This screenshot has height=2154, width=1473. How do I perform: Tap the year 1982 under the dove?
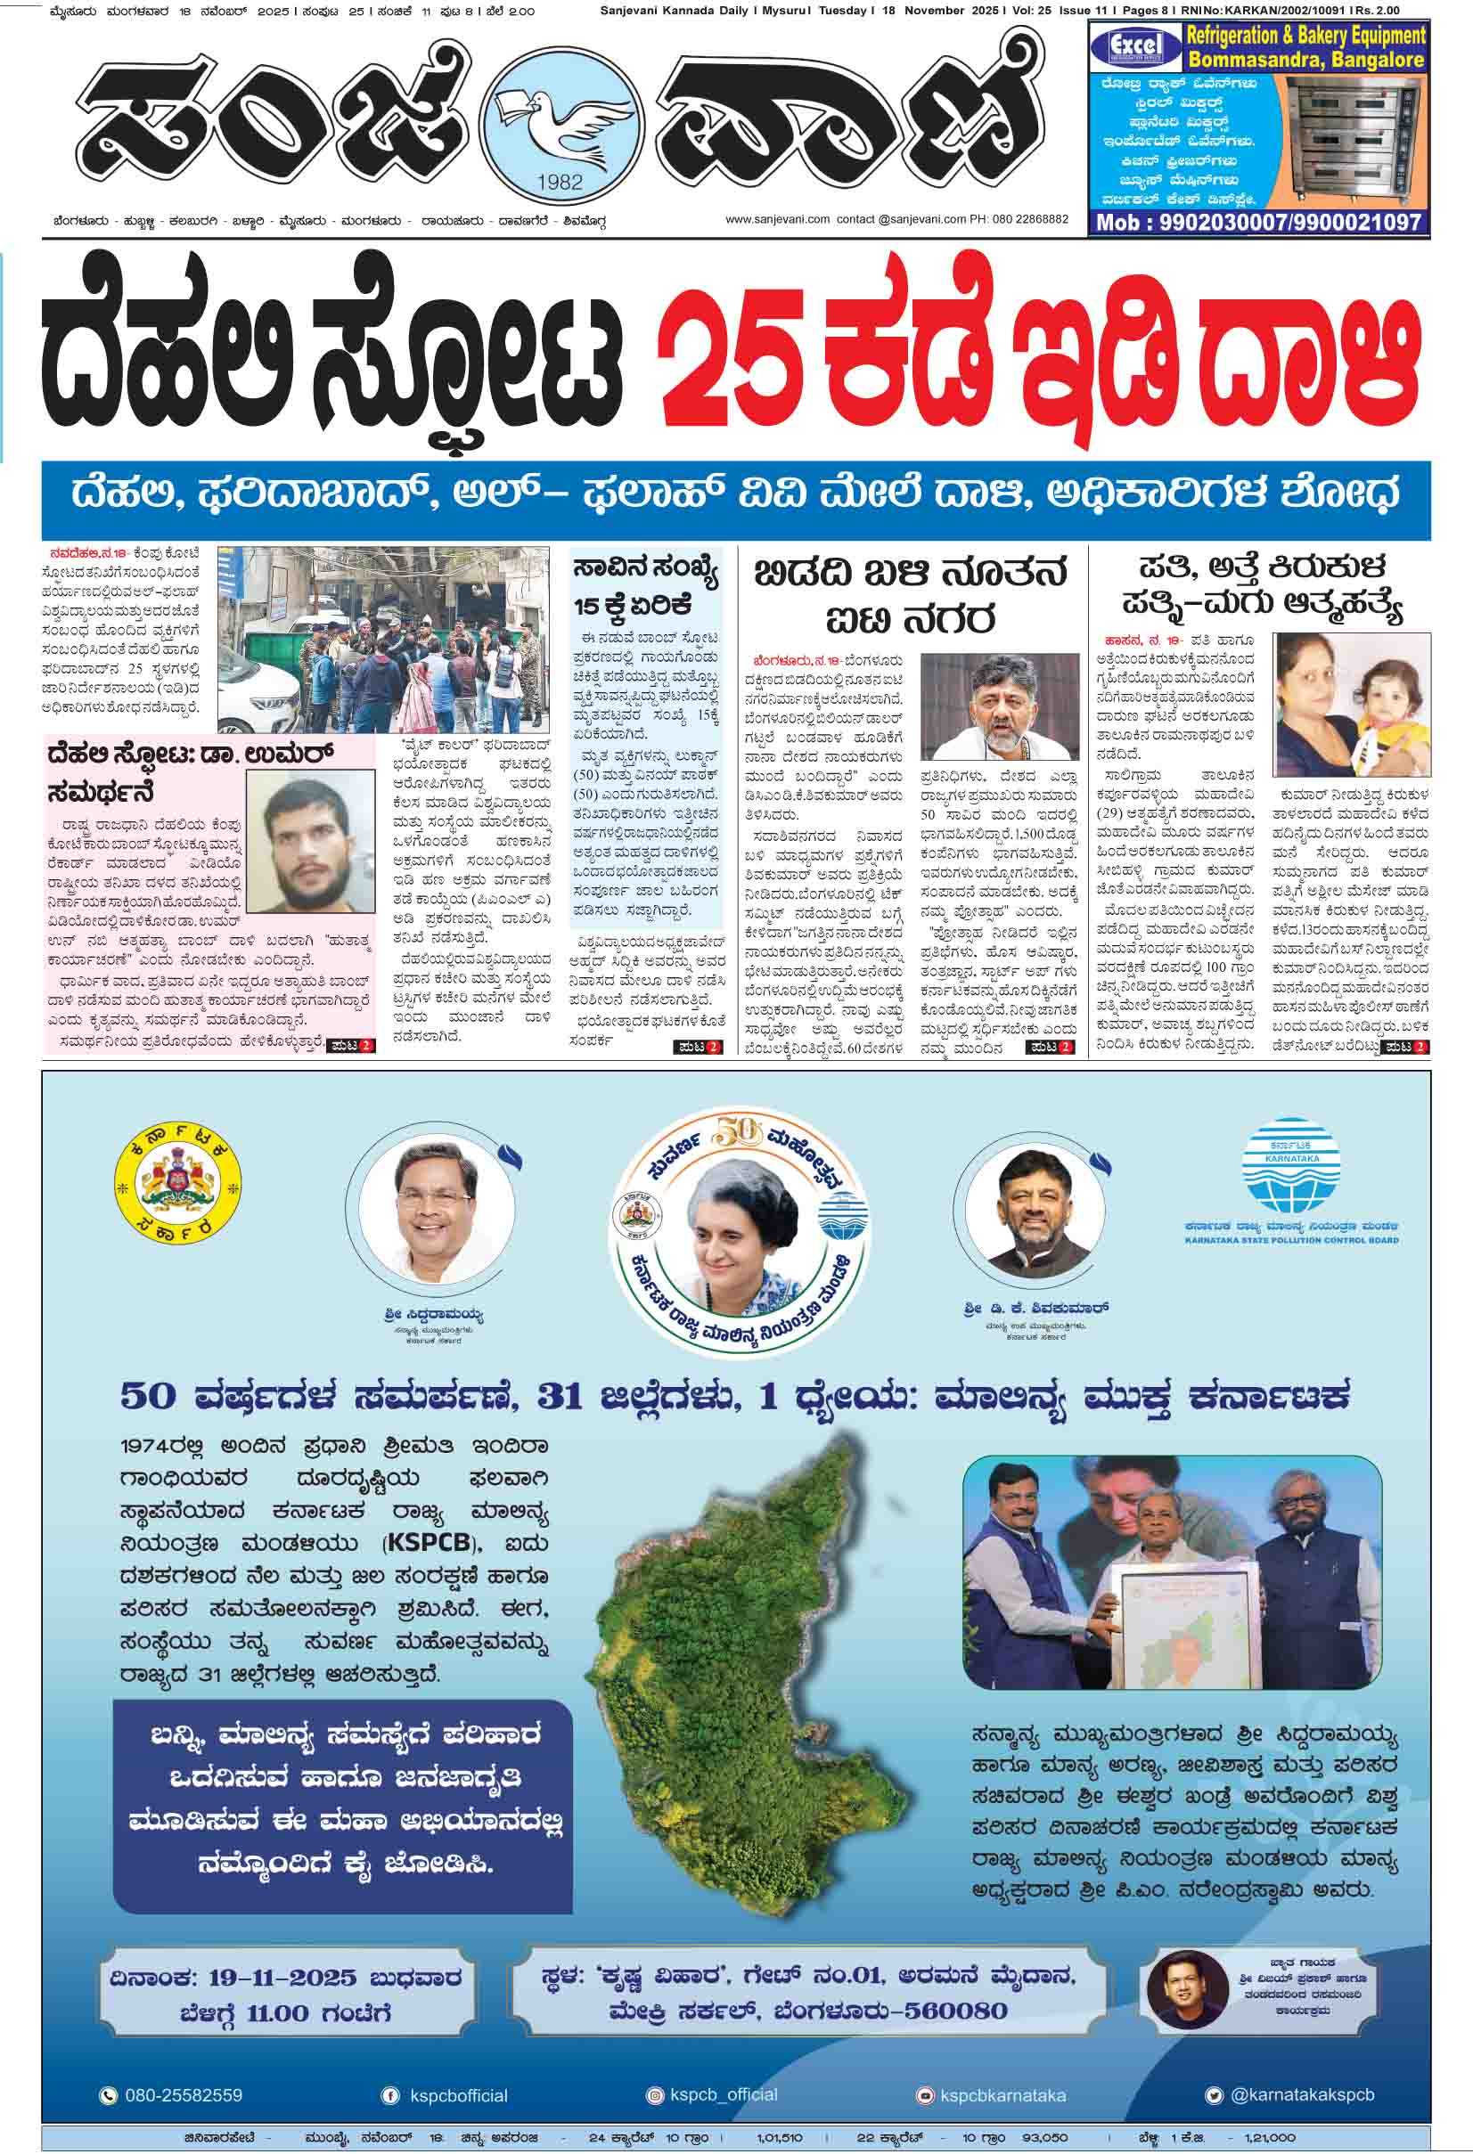(559, 183)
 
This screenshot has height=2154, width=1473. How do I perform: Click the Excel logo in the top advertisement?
(1135, 45)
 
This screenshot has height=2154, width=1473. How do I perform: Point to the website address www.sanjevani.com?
(777, 220)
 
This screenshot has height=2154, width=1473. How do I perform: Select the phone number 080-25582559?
(183, 2095)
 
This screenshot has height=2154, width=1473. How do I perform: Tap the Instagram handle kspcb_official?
(723, 2094)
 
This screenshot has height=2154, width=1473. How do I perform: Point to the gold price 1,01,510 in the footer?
(779, 2138)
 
